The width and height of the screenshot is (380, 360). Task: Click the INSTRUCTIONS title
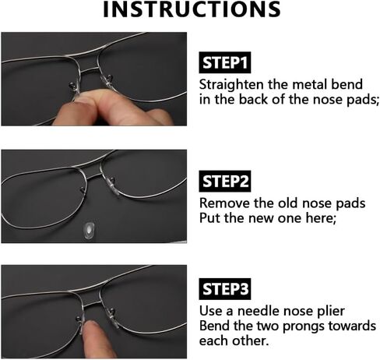pyautogui.click(x=192, y=9)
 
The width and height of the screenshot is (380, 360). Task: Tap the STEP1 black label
pyautogui.click(x=225, y=62)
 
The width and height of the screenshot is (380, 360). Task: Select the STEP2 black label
pyautogui.click(x=225, y=181)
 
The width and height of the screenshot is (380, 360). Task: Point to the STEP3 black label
pyautogui.click(x=225, y=289)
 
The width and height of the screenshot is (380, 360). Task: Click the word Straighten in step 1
pyautogui.click(x=231, y=85)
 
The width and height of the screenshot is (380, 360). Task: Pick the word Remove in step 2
pyautogui.click(x=224, y=203)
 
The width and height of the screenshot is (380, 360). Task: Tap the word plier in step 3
pyautogui.click(x=331, y=312)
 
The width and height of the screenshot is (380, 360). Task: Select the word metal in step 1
pyautogui.click(x=308, y=85)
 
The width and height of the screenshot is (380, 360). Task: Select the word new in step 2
pyautogui.click(x=262, y=219)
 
